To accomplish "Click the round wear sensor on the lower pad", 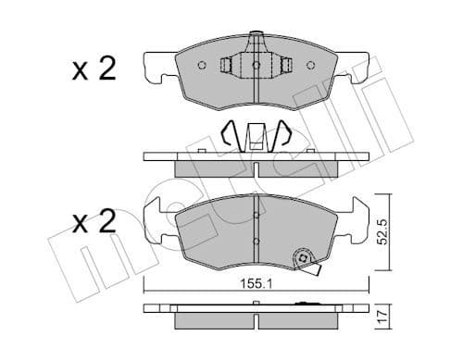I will point(302,259).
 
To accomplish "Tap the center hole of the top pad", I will point(257,66).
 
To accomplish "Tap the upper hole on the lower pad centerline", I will point(256,217).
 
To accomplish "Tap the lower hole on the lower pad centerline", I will point(256,242).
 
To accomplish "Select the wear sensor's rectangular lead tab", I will point(315,271).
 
